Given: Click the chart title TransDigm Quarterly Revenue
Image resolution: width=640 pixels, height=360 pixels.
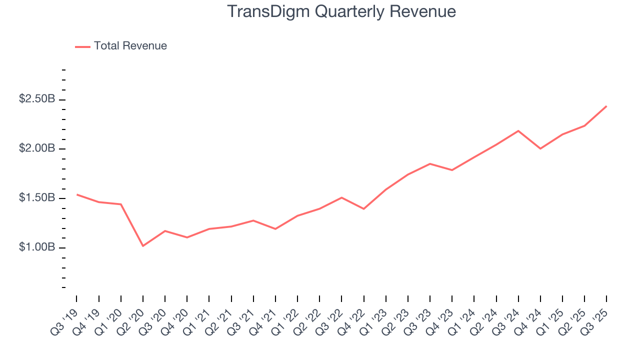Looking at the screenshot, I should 341,11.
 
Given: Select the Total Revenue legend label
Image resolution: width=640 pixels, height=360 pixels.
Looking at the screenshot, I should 130,46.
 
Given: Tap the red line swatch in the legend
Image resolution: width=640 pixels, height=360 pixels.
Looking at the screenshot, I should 82,46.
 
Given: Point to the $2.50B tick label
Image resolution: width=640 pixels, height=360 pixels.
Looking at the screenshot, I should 37,99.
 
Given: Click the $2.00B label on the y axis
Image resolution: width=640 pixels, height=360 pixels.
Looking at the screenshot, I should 37,148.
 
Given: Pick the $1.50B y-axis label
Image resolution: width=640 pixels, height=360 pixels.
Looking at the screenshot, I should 37,198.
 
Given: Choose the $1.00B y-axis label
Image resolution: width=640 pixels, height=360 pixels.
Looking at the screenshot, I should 37,247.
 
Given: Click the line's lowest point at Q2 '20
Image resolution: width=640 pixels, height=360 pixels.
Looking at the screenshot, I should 143,246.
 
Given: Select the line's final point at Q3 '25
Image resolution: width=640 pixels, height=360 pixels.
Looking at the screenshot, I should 606,106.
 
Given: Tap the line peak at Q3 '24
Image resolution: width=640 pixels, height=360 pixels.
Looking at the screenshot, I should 518,131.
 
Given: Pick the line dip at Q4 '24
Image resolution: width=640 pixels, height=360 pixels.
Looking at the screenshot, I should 540,148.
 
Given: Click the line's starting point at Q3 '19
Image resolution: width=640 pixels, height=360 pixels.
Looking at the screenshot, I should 77,194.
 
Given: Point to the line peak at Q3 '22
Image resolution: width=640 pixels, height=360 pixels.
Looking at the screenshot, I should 341,197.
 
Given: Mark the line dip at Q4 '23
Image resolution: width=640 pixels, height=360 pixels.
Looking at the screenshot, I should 452,170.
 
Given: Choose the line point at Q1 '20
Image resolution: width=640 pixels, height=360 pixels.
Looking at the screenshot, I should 121,204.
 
